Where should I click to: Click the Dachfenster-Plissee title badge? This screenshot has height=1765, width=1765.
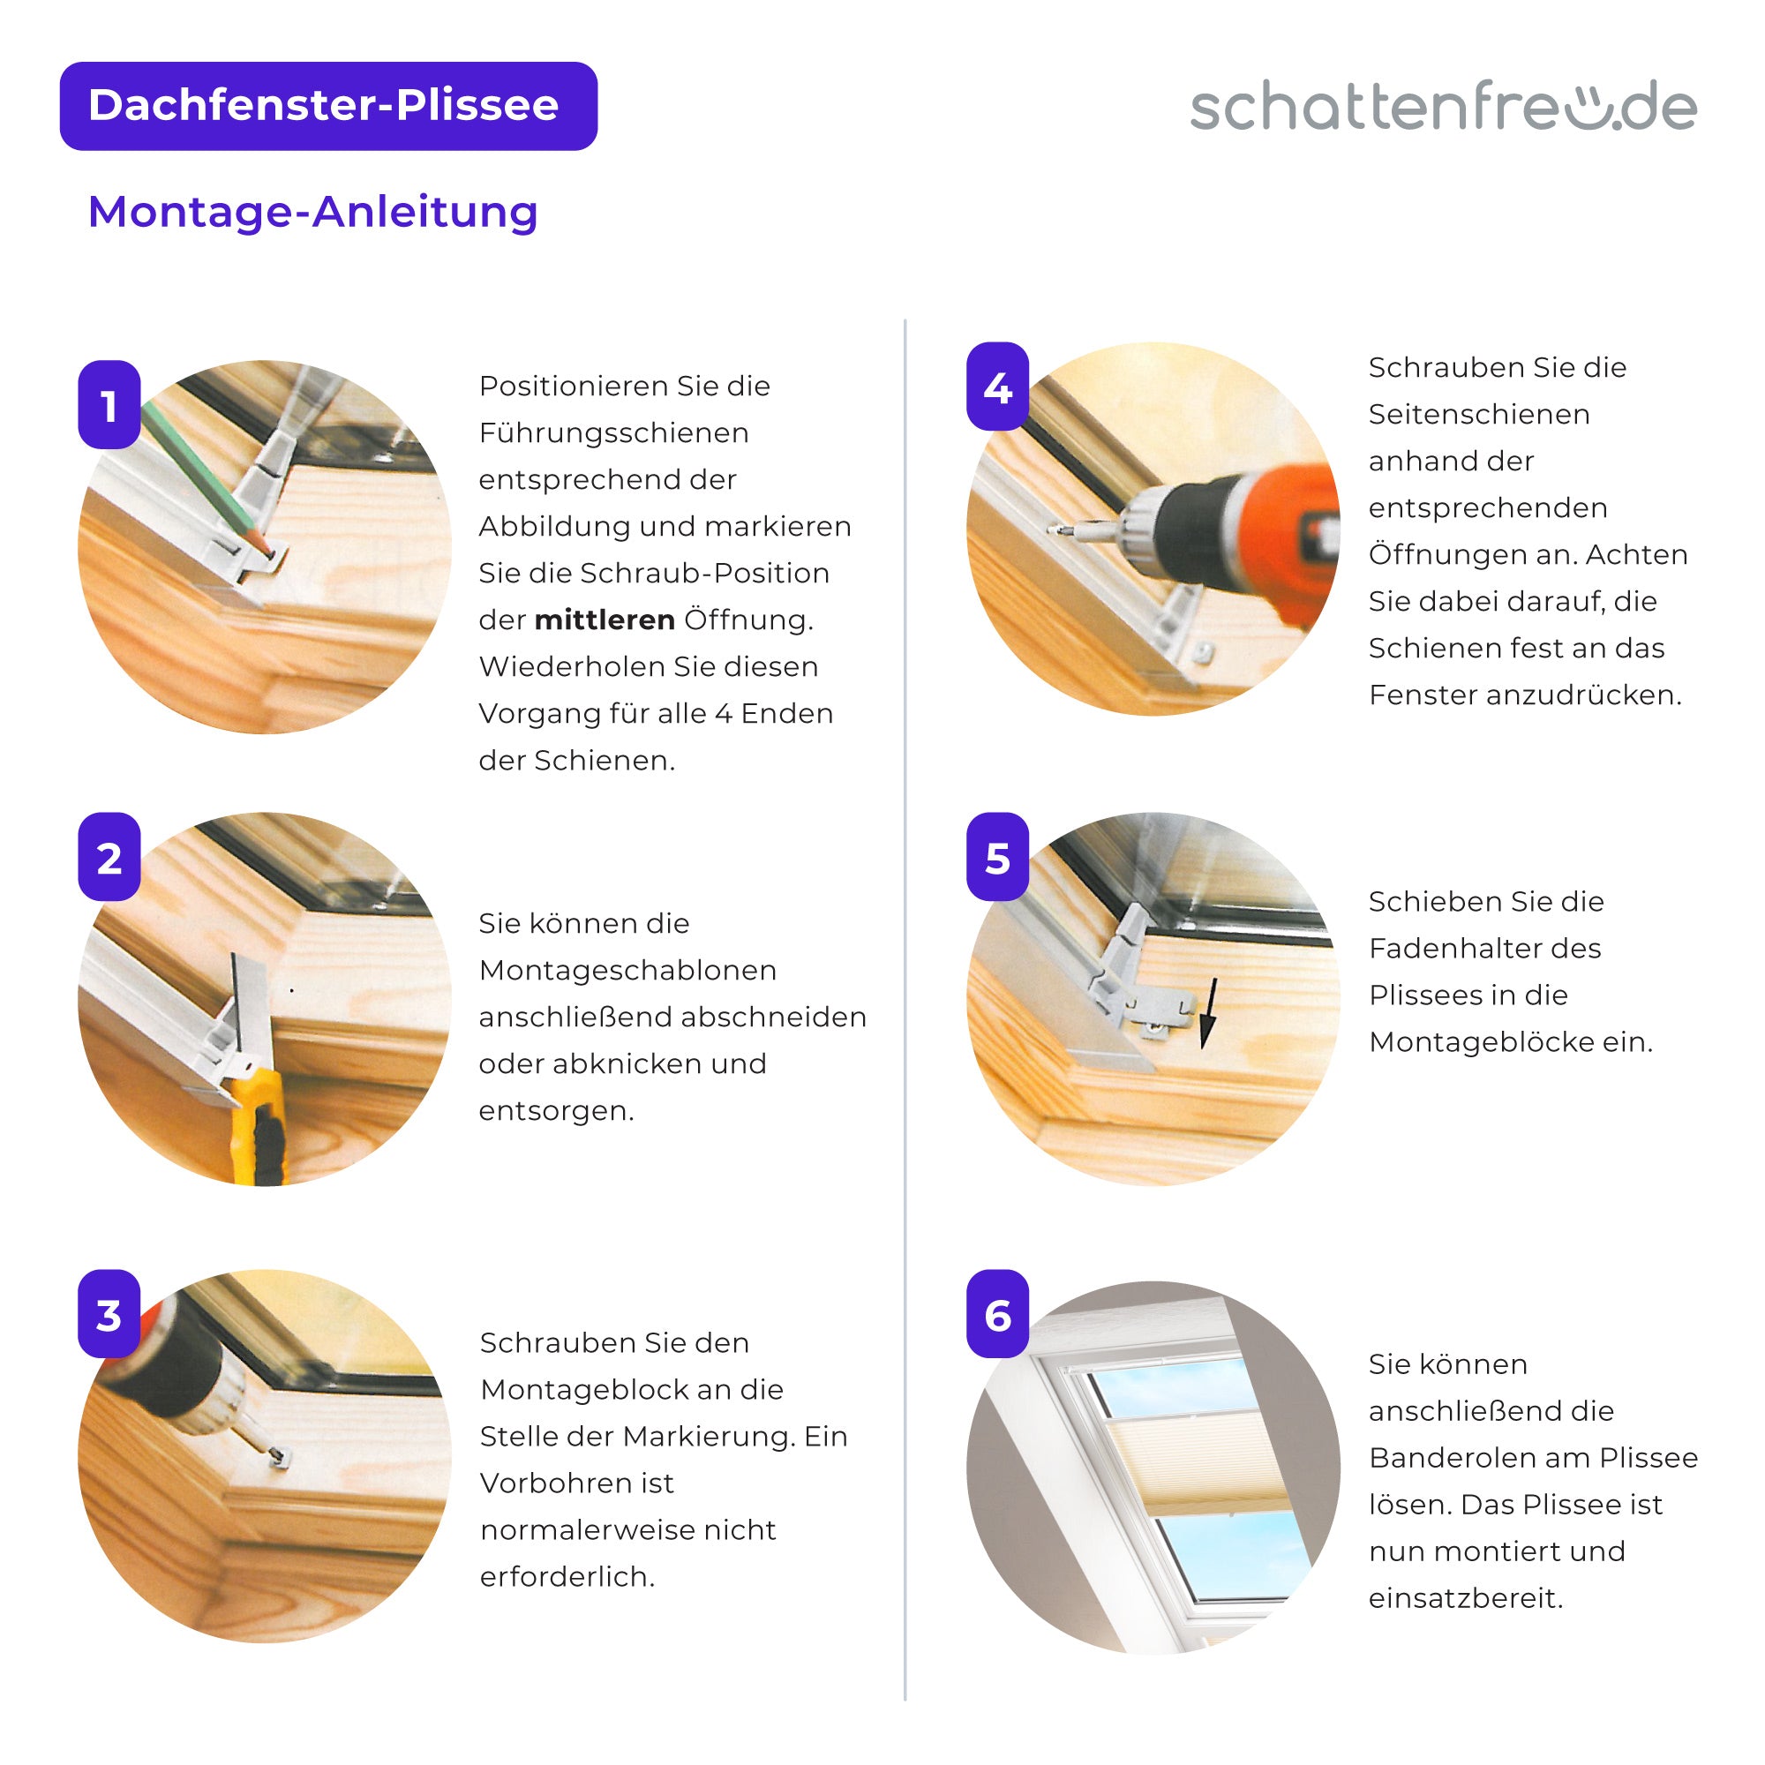328,106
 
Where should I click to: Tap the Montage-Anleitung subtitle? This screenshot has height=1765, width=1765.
312,212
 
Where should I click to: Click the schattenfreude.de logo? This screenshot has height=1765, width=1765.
1444,107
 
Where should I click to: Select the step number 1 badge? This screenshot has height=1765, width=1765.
109,405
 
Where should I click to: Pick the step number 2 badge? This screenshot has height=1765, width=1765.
109,857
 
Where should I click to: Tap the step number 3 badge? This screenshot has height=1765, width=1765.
109,1314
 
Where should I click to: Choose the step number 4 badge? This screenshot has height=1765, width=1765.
997,387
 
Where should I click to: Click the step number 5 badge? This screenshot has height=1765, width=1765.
997,857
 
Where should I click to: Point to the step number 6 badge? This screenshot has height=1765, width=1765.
997,1314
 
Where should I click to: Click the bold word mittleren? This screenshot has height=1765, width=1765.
605,620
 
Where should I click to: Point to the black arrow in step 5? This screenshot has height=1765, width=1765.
1209,1012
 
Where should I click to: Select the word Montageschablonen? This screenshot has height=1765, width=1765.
627,970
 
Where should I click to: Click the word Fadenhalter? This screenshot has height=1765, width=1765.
1485,949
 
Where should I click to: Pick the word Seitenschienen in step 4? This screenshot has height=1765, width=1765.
1479,415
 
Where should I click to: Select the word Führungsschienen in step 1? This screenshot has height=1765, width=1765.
614,434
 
